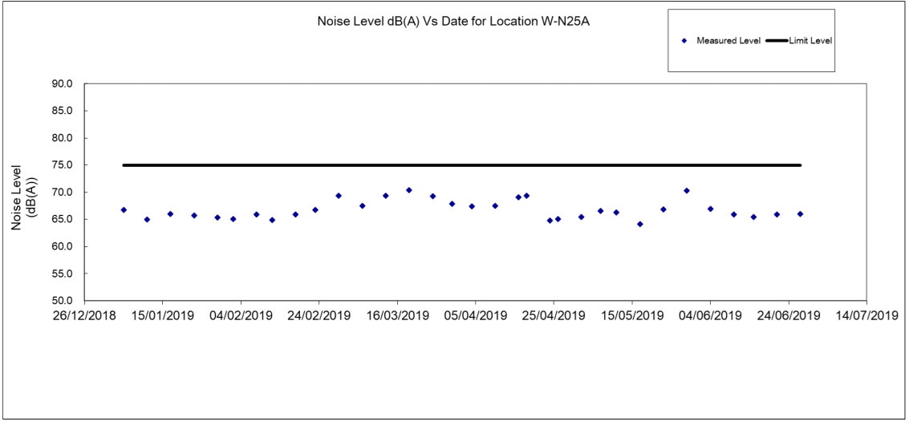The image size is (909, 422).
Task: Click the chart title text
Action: [x=455, y=22]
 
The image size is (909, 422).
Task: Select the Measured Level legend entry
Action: [x=721, y=40]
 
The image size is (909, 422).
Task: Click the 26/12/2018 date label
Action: [x=83, y=315]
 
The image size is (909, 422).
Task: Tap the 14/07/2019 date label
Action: [x=866, y=315]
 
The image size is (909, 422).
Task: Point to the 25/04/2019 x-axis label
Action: [x=554, y=315]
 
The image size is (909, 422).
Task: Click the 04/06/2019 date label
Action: [x=710, y=315]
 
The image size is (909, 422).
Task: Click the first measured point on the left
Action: [x=124, y=210]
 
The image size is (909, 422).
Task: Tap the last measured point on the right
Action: [x=800, y=214]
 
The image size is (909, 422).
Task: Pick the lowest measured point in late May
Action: [x=640, y=225]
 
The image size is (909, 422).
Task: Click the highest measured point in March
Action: [x=409, y=190]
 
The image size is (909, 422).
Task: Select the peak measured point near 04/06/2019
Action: [x=687, y=191]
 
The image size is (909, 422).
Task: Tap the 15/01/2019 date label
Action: [x=161, y=315]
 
